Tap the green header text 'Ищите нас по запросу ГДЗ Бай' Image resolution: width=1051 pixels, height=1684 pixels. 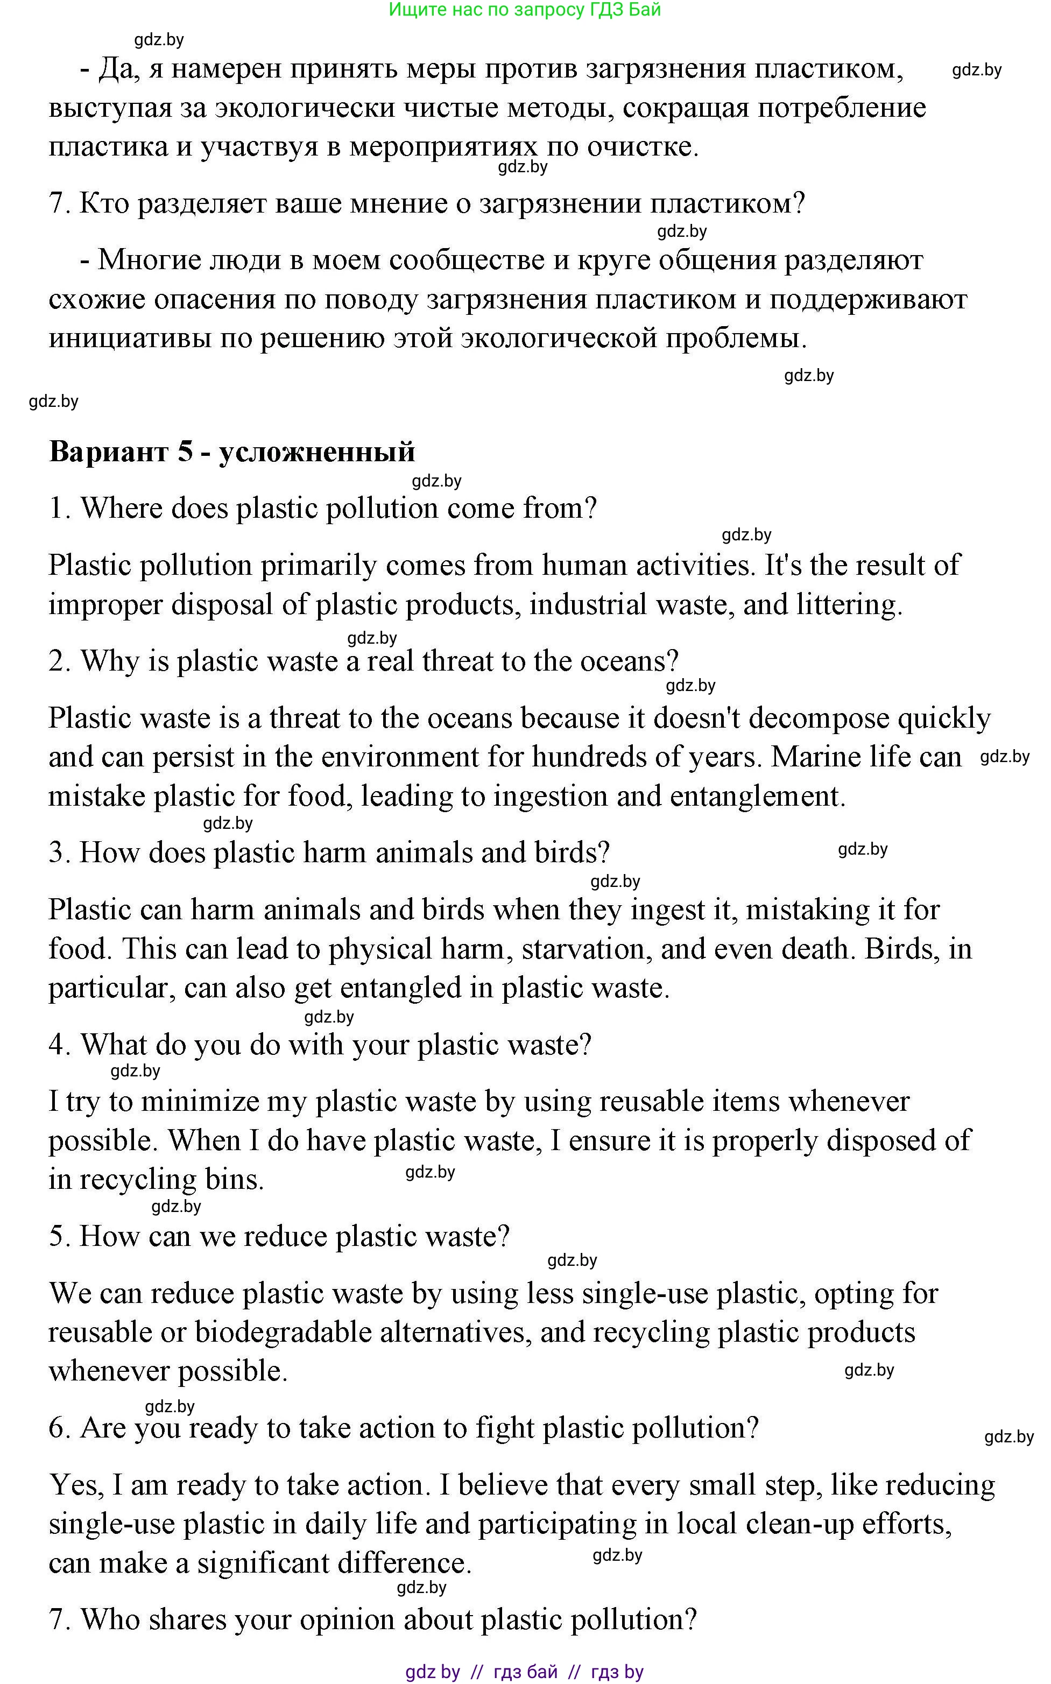pos(524,10)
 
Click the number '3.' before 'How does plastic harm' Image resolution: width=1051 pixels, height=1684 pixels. pos(60,854)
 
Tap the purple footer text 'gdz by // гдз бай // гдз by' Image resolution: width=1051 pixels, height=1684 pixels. pos(524,1672)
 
